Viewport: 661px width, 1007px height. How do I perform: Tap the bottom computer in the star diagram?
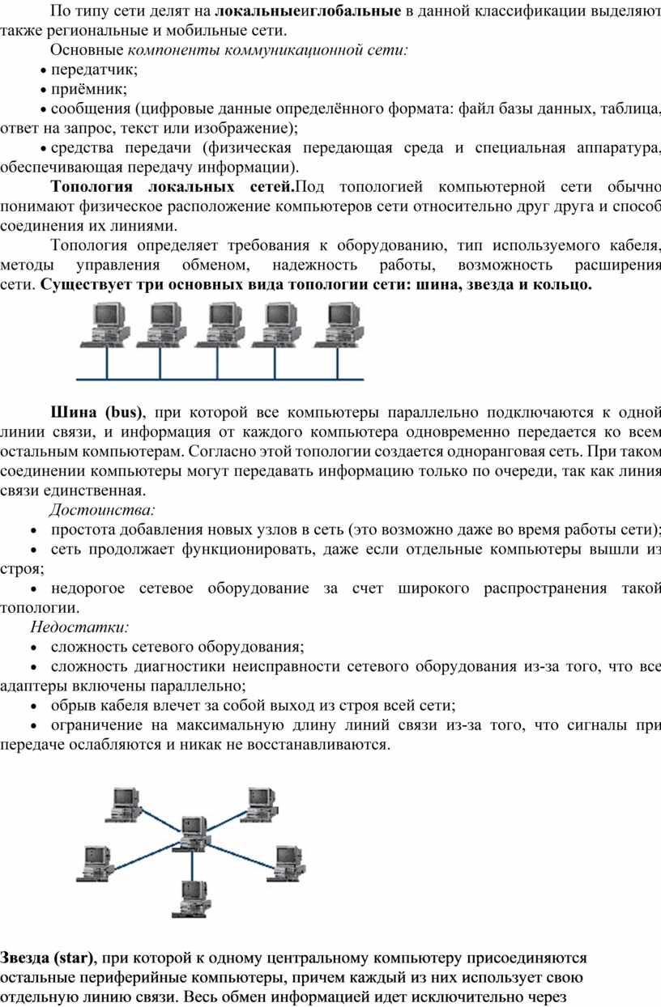[x=191, y=899]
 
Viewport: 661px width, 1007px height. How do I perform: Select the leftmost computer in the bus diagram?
[x=104, y=325]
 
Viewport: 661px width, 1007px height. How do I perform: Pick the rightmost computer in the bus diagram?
[x=339, y=325]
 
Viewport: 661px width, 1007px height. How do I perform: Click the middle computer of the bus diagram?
[x=220, y=325]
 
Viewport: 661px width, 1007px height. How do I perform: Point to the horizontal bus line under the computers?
[x=220, y=380]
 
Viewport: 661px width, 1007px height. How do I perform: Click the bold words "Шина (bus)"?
[x=96, y=412]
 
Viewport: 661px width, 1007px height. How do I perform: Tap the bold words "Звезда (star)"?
[x=47, y=958]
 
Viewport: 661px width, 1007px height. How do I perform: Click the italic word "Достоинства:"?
[x=102, y=510]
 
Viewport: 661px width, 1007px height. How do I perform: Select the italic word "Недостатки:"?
[x=79, y=627]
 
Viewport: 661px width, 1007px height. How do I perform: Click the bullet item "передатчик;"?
[x=95, y=70]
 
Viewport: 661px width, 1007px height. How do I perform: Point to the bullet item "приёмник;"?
[x=89, y=90]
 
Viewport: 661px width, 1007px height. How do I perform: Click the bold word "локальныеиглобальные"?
[x=308, y=11]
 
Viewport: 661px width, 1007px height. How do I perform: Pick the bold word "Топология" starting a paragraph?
[x=92, y=186]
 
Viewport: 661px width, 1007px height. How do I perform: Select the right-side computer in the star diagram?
[x=286, y=863]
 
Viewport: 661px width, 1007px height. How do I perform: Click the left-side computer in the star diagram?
[x=96, y=863]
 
